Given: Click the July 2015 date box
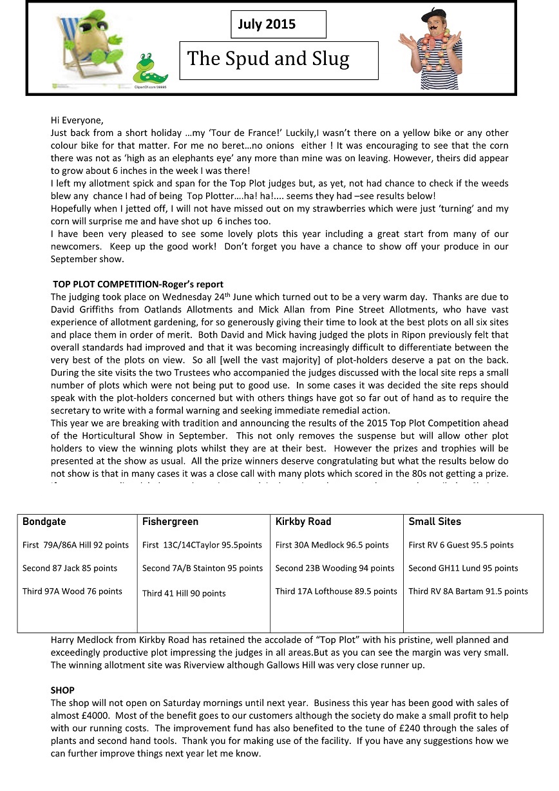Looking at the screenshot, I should pyautogui.click(x=278, y=24).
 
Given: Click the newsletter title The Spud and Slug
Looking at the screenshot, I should pyautogui.click(x=278, y=60).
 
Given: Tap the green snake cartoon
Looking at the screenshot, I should pyautogui.click(x=150, y=68).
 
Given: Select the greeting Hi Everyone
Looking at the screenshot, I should pyautogui.click(x=77, y=120).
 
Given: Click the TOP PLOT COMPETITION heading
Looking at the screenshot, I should pyautogui.click(x=138, y=284).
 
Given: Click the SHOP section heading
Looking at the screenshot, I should pyautogui.click(x=62, y=690).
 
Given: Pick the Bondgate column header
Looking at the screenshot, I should pyautogui.click(x=44, y=522).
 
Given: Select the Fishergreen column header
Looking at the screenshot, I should pyautogui.click(x=170, y=522).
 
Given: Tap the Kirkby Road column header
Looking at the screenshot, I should pyautogui.click(x=303, y=522).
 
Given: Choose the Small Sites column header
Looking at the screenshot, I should pyautogui.click(x=435, y=522).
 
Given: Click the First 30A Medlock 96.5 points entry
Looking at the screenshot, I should pyautogui.click(x=332, y=545).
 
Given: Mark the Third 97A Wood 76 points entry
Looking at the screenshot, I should pyautogui.click(x=72, y=591).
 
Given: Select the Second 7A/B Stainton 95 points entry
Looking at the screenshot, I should pyautogui.click(x=202, y=568).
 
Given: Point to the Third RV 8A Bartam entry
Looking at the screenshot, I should pyautogui.click(x=468, y=591).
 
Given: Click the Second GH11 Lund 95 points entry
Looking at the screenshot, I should pyautogui.click(x=463, y=568).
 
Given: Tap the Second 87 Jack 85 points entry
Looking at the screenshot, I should pyautogui.click(x=70, y=568).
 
